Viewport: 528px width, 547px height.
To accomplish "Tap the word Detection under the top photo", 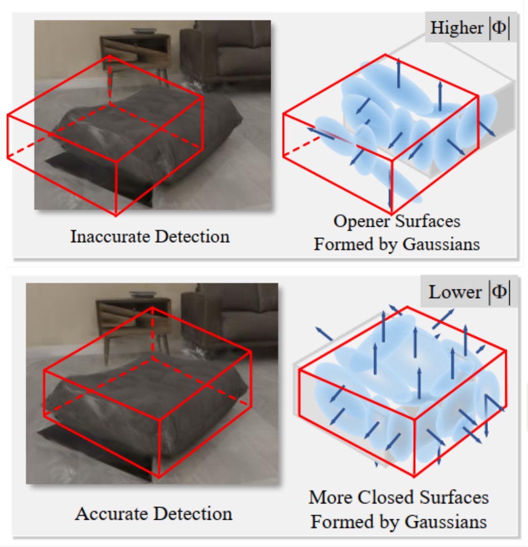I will click(193, 236).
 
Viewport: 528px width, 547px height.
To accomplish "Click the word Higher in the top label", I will click(456, 28).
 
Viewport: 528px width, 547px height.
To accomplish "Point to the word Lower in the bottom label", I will click(455, 292).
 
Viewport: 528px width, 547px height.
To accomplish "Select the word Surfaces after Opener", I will click(429, 221).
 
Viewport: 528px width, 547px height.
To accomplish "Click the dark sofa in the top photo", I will click(228, 55).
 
